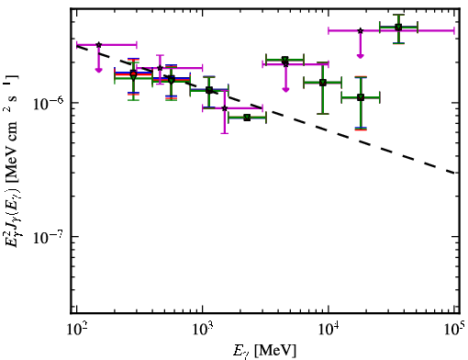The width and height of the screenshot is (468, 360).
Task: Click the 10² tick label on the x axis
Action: tap(77, 329)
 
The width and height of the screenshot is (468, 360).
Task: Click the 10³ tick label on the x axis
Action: tap(203, 329)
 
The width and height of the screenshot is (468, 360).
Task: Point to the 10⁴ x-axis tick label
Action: tap(329, 329)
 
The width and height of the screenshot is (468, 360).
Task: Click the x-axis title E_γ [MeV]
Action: tap(264, 351)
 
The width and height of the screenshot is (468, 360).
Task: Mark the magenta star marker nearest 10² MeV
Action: tap(98, 45)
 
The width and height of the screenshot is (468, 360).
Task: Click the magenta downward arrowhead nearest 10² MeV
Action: tap(98, 70)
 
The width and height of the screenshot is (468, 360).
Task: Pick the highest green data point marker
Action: tap(398, 28)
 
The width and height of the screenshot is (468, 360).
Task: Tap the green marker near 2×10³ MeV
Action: tap(247, 118)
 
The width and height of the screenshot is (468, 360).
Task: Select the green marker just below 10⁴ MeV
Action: tap(323, 83)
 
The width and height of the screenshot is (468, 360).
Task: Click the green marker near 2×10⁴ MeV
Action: tap(361, 97)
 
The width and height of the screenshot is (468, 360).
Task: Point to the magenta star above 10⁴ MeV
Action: tap(361, 30)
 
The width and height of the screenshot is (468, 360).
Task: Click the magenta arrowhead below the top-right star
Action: tap(361, 56)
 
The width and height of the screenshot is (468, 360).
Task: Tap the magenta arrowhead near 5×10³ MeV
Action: tap(285, 89)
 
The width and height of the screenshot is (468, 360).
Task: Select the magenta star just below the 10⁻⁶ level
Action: tap(225, 108)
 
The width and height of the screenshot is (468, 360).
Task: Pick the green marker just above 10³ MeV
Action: tap(209, 90)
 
